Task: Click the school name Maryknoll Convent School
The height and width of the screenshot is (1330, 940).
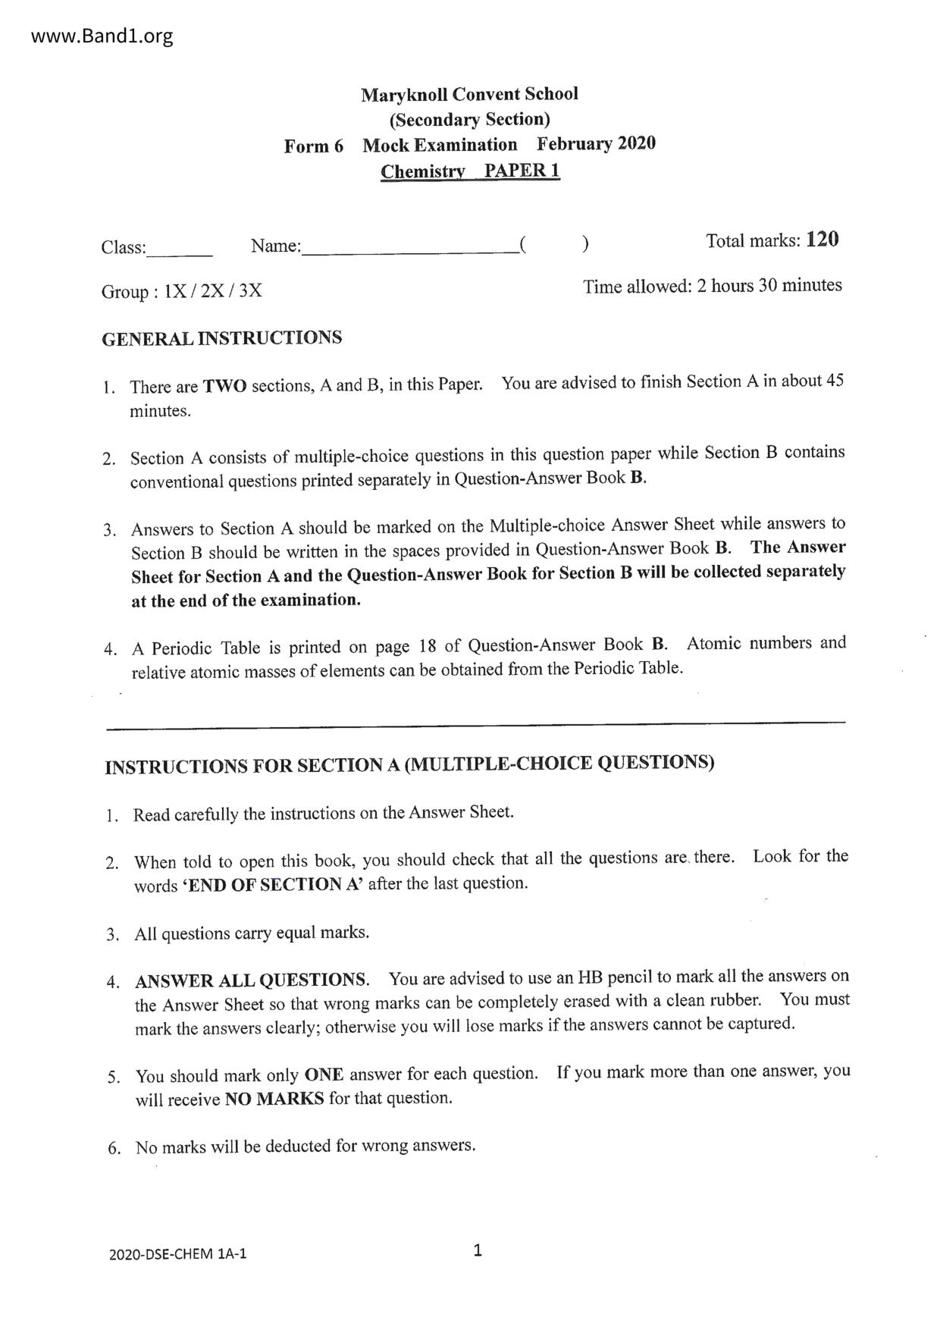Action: (x=469, y=95)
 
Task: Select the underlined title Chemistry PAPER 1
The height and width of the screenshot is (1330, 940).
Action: (x=470, y=171)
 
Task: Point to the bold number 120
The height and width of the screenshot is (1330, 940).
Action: (x=822, y=240)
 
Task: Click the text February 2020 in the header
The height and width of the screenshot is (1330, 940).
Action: (x=596, y=143)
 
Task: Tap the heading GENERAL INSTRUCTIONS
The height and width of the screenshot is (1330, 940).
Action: (x=221, y=338)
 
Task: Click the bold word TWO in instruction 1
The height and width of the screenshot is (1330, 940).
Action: (x=224, y=386)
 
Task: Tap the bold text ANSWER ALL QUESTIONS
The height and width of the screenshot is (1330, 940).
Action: (x=251, y=980)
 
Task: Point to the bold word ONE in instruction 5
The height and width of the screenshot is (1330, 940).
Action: (x=324, y=1074)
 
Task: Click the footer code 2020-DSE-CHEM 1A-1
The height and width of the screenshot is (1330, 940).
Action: (x=177, y=1253)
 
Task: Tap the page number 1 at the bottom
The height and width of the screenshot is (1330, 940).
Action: (x=477, y=1250)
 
